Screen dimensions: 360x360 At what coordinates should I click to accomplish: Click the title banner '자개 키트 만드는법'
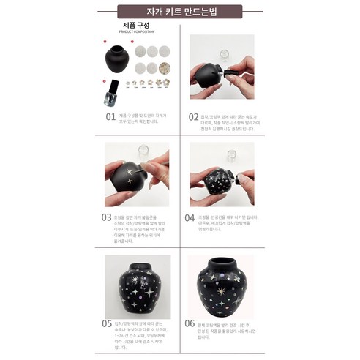179,11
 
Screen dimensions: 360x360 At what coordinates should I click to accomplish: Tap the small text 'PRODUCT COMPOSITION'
137,32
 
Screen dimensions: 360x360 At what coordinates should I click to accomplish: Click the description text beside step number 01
146,118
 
